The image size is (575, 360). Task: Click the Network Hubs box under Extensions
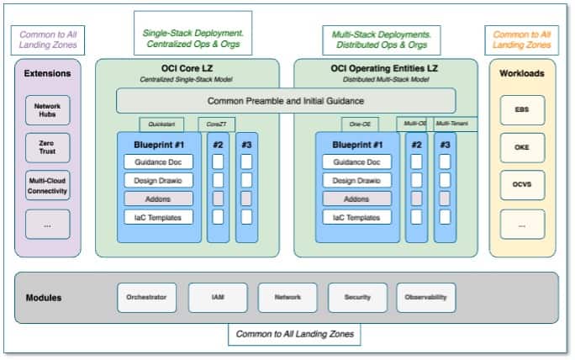pos(47,110)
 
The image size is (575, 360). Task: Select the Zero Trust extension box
pos(47,149)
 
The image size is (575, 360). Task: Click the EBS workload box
pos(522,110)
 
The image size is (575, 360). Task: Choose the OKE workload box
pos(522,147)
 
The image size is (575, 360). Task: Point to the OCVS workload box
pos(522,184)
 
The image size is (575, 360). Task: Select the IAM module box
pos(218,297)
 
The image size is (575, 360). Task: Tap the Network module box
pos(287,297)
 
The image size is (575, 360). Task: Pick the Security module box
pos(357,297)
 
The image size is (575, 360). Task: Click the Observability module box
pos(426,297)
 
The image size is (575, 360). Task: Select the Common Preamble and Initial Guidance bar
pos(285,101)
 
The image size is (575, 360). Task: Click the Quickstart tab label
pos(161,124)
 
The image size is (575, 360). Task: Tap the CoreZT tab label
pos(216,124)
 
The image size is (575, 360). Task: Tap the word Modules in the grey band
pos(45,298)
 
